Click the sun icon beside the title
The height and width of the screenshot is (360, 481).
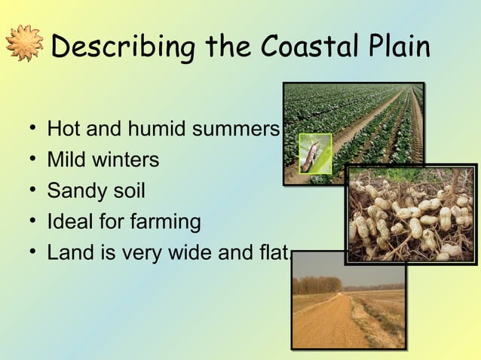(x=24, y=44)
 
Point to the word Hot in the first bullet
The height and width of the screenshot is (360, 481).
(x=64, y=129)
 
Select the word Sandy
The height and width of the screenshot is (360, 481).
(x=74, y=191)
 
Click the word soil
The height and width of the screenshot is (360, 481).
(x=126, y=191)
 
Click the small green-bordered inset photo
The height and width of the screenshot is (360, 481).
(x=315, y=153)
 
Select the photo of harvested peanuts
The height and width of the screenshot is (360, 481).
(x=410, y=214)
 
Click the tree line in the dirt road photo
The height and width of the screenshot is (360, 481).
(x=316, y=285)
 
